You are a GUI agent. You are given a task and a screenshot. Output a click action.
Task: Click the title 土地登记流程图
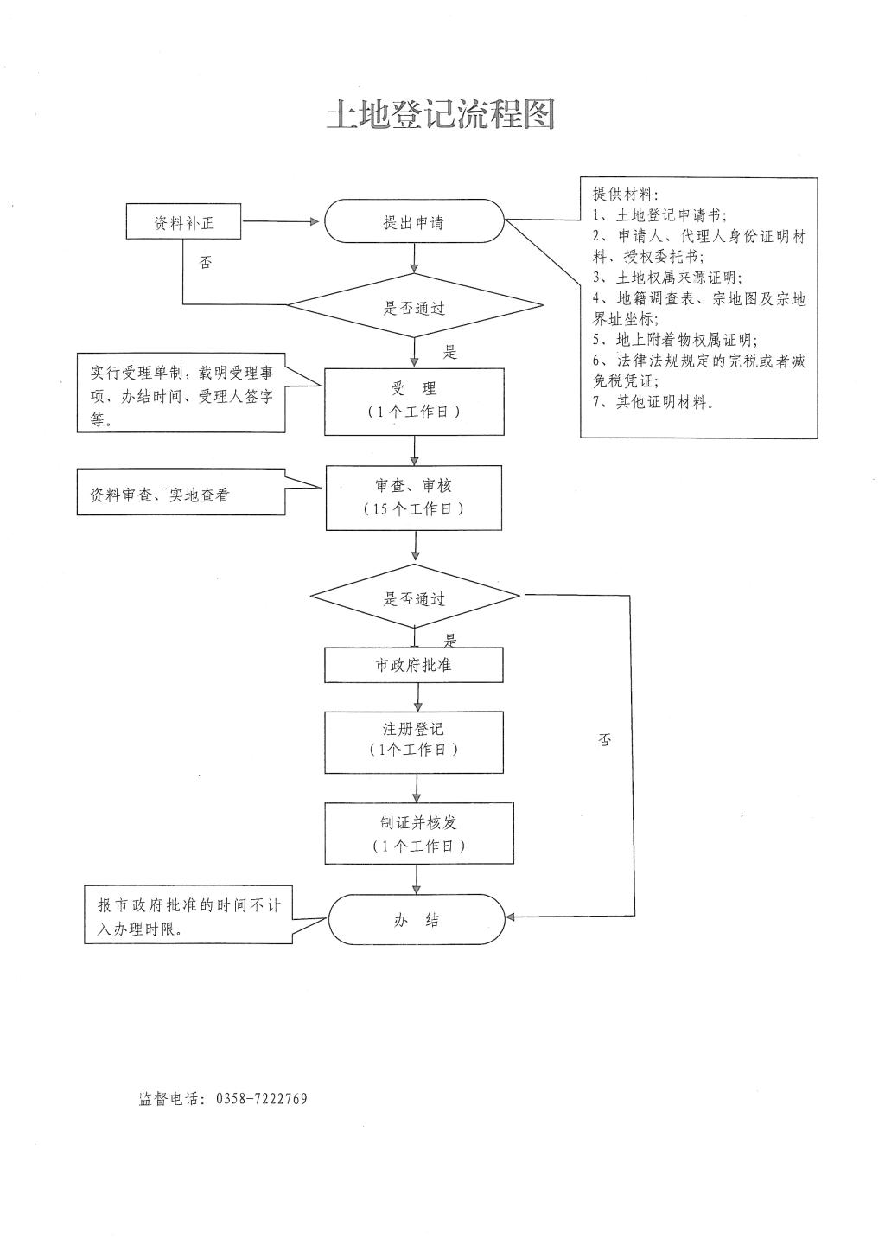(x=440, y=113)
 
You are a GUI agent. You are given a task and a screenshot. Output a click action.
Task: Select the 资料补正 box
(x=184, y=222)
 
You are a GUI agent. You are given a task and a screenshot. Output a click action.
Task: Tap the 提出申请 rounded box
(x=414, y=222)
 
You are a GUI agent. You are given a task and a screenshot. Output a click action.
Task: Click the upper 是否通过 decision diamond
(x=415, y=307)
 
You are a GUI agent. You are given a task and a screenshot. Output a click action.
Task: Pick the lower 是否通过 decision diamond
(x=415, y=597)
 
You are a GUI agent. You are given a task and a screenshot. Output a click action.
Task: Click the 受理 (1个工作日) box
(x=414, y=401)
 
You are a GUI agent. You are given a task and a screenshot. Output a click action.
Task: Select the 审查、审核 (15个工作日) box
(x=414, y=497)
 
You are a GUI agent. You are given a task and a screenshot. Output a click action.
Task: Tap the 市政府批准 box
(x=414, y=665)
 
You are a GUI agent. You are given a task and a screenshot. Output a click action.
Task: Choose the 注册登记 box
(x=414, y=741)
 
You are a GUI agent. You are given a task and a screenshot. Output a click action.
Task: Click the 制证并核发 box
(x=419, y=833)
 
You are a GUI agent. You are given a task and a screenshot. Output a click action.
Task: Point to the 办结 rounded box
(x=417, y=920)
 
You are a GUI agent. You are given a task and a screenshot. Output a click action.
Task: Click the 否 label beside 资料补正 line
(x=206, y=262)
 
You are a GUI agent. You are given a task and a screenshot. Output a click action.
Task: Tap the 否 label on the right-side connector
(x=605, y=739)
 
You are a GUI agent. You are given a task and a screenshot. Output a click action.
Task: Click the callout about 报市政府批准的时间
(x=188, y=917)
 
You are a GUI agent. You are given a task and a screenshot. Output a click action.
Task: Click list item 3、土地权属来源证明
(x=667, y=278)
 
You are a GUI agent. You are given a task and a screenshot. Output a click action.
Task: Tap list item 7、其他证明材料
(x=654, y=402)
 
